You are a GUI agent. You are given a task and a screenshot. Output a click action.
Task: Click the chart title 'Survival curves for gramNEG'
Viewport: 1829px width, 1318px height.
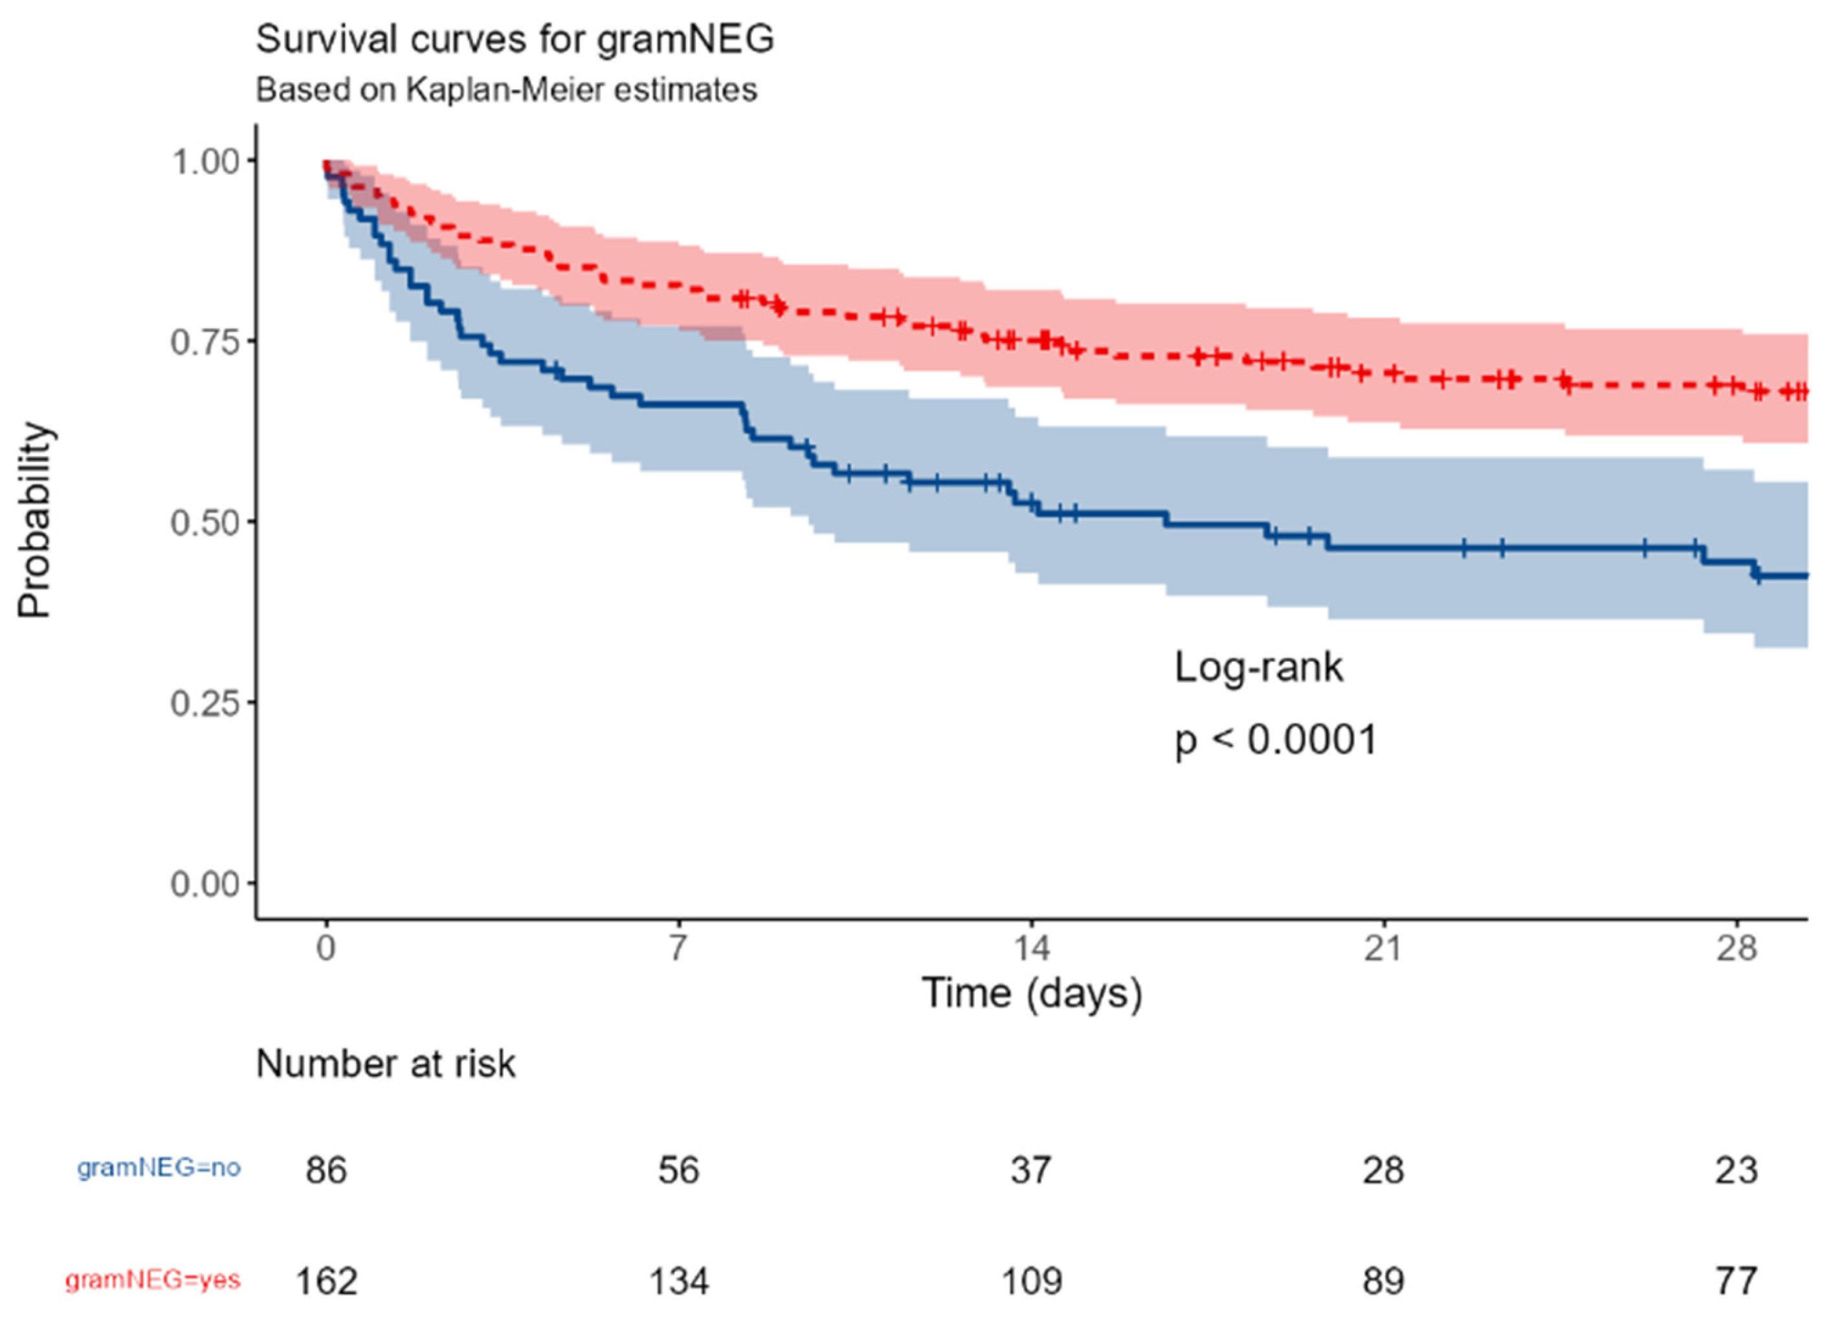[x=515, y=39]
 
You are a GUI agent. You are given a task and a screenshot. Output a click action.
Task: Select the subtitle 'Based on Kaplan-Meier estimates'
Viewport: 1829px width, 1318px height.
[x=507, y=89]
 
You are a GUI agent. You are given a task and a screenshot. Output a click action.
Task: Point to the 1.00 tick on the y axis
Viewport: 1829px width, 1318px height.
[x=206, y=161]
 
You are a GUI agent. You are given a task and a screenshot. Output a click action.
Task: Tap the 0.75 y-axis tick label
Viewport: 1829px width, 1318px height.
[x=206, y=342]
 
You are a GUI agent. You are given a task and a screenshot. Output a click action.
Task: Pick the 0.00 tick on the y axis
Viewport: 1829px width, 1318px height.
[x=206, y=884]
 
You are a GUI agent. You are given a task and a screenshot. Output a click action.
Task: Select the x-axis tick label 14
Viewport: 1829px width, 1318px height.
[x=1032, y=948]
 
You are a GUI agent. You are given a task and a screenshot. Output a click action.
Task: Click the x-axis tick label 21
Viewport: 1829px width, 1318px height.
[x=1384, y=948]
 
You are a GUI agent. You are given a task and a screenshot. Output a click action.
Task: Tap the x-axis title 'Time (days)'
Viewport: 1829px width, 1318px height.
[x=1032, y=993]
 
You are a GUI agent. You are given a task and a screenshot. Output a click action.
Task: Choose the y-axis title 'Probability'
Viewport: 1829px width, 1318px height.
[x=35, y=521]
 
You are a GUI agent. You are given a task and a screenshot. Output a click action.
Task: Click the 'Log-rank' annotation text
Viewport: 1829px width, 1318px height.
[x=1258, y=668]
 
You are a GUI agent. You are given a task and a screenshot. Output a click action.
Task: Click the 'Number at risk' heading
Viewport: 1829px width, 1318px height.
[x=386, y=1064]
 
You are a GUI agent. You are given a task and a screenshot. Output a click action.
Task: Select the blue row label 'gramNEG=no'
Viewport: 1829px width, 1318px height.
[x=159, y=1168]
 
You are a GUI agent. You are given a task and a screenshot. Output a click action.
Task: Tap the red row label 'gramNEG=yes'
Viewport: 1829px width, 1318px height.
[x=153, y=1280]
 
